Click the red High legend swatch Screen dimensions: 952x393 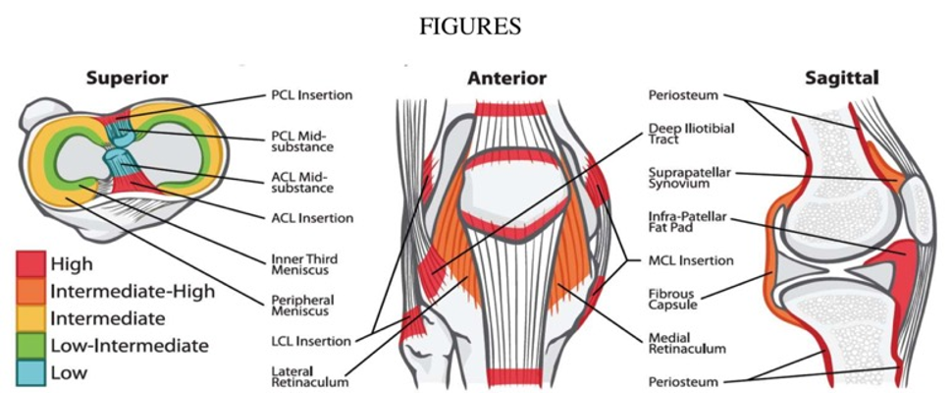click(x=29, y=263)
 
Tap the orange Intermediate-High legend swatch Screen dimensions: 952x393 click(x=29, y=291)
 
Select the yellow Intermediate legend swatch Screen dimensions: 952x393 click(x=29, y=318)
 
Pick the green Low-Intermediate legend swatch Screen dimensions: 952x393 click(x=29, y=346)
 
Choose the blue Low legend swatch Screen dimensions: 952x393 click(x=29, y=372)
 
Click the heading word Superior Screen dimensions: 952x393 click(x=127, y=79)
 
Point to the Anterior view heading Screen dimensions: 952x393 click(x=507, y=79)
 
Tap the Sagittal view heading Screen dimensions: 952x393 click(x=842, y=78)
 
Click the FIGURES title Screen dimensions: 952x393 click(x=470, y=28)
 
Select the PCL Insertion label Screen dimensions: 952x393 click(x=310, y=95)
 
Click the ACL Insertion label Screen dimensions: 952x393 click(x=310, y=218)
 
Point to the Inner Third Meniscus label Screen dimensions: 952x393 click(x=302, y=265)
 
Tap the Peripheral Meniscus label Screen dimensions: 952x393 click(x=297, y=306)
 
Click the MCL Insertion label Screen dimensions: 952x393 click(x=690, y=261)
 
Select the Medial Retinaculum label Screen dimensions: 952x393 click(x=687, y=343)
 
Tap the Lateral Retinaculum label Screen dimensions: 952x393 click(x=310, y=376)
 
